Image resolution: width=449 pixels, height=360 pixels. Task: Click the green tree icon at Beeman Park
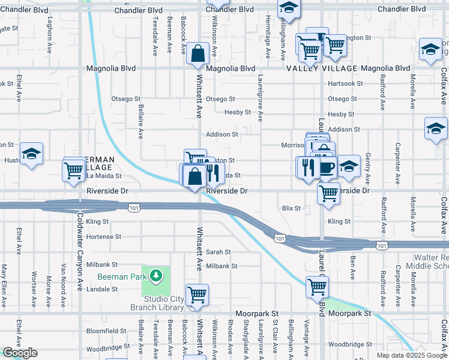(x=156, y=275)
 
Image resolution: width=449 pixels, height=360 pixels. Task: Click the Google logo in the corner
(x=20, y=353)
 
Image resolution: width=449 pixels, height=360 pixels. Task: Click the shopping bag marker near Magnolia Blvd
(x=197, y=54)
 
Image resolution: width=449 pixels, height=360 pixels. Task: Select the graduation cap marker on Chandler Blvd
(x=289, y=8)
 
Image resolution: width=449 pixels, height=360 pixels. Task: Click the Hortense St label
(x=104, y=237)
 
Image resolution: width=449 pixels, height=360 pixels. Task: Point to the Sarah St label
(x=218, y=252)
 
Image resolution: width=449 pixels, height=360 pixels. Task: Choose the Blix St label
(x=291, y=208)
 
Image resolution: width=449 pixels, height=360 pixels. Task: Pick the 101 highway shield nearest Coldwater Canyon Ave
(x=133, y=207)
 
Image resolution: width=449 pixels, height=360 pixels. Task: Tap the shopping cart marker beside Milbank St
(x=197, y=295)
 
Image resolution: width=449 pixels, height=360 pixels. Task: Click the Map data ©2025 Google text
(x=411, y=355)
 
